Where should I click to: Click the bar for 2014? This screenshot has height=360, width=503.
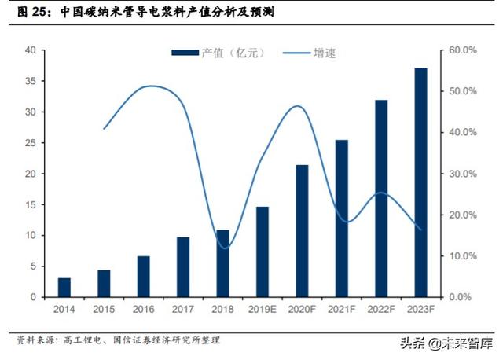(64, 288)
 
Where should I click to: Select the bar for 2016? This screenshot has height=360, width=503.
(144, 277)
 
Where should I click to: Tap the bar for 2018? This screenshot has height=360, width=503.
(223, 263)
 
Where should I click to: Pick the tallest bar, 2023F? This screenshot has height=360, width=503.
(421, 182)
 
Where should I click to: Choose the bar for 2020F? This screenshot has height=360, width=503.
(302, 231)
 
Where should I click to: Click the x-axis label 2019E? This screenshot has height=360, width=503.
(263, 310)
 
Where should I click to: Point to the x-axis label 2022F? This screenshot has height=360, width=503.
(381, 310)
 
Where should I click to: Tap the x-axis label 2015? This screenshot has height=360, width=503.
(104, 310)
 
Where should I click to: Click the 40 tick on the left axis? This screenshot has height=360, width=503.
(31, 50)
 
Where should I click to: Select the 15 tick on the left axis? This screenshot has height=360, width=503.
(31, 205)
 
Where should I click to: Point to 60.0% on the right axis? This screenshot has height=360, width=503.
(464, 50)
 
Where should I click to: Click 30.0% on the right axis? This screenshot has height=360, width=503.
(464, 174)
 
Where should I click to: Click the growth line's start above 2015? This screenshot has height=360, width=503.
(104, 128)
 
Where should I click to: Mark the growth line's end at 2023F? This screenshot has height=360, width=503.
(421, 230)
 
